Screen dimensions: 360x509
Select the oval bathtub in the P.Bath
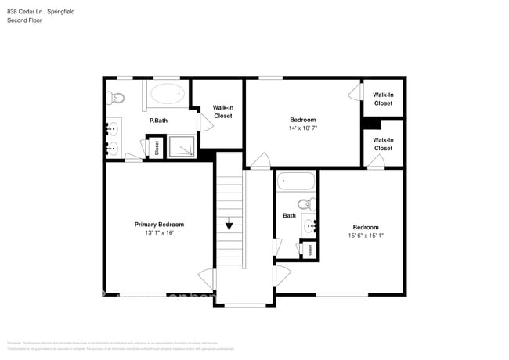167,95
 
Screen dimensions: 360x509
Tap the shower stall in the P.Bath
182,146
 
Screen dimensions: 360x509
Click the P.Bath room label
158,121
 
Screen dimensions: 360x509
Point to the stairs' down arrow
229,224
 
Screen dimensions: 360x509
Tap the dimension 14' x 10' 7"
303,128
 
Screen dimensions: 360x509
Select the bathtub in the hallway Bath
296,182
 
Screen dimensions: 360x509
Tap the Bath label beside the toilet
289,215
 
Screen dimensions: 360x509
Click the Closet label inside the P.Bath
156,147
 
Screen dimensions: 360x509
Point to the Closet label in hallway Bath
309,250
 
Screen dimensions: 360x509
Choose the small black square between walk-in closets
374,124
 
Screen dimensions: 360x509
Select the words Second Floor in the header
24,20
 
